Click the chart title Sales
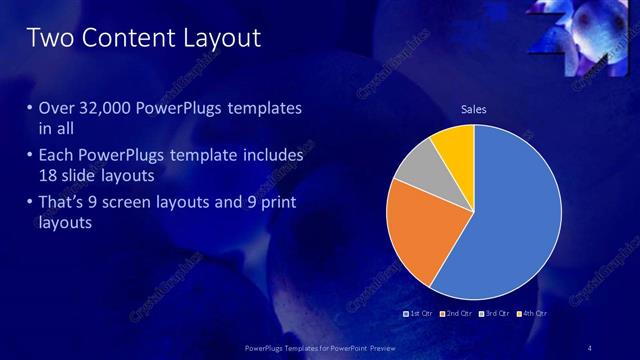[473, 109]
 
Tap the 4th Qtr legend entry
[533, 313]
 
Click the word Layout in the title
[219, 39]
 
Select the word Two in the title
[48, 39]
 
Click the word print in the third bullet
[276, 204]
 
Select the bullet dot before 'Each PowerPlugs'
[29, 157]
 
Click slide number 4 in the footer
[590, 347]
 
